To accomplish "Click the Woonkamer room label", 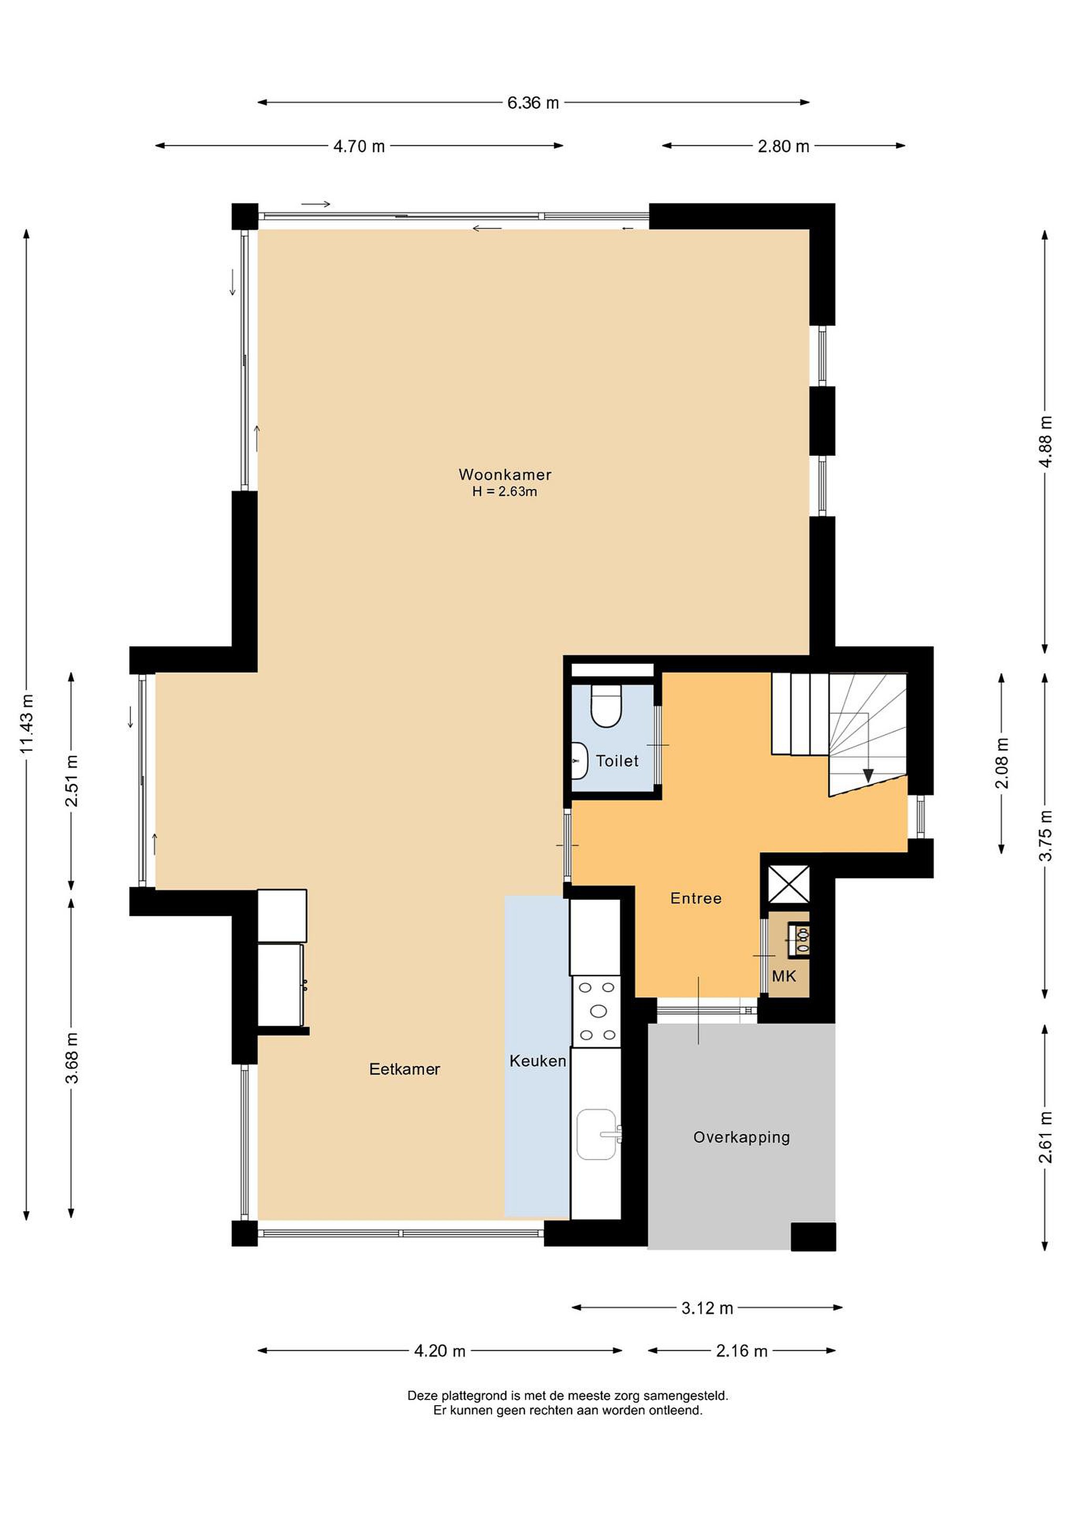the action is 505,474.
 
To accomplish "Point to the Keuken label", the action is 537,1061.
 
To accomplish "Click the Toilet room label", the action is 617,761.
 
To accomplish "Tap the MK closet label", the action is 784,976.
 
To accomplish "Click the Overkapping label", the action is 741,1137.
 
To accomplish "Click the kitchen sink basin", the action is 597,1134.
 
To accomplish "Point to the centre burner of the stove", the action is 599,1011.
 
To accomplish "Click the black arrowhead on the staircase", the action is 868,775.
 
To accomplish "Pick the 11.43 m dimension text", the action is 27,723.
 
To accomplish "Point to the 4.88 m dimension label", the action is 1045,441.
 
